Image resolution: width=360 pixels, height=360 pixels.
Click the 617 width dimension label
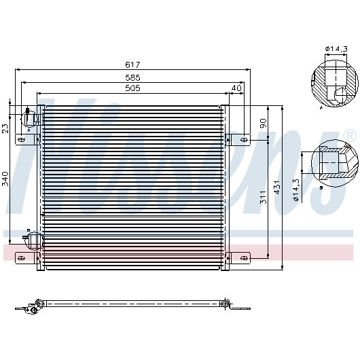tap(132, 65)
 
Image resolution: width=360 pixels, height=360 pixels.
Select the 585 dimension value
tap(132, 78)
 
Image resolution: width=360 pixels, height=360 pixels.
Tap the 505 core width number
tap(132, 88)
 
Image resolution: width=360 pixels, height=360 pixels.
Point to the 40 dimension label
tap(236, 88)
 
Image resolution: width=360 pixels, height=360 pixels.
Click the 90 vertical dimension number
tap(263, 124)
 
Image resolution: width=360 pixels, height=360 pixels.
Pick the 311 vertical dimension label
tap(263, 197)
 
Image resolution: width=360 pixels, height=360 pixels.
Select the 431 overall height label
tap(277, 187)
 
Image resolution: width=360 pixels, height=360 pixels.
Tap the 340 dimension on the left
tap(5, 179)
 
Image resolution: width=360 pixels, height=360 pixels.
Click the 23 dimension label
tap(5, 128)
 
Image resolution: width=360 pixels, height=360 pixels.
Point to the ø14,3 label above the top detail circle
tap(336, 49)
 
